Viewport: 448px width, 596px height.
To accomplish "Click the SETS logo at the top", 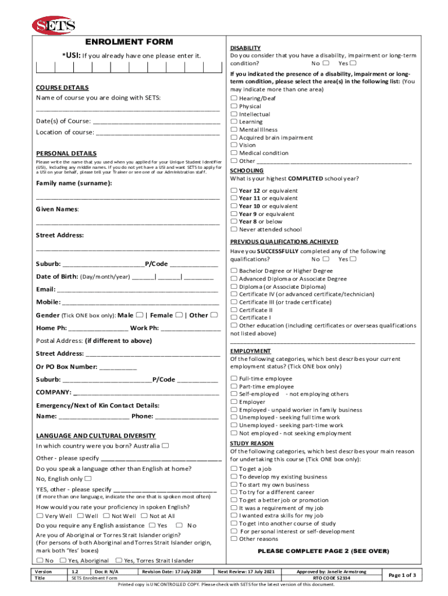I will coord(54,25).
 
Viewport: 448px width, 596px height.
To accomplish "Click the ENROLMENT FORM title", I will coord(129,42).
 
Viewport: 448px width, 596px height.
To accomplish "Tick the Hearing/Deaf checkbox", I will coord(234,99).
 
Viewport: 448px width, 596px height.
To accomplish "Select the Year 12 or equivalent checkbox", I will coord(234,191).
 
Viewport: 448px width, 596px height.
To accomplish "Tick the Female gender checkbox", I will coord(179,315).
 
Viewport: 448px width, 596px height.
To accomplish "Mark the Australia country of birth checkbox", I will coord(166,446).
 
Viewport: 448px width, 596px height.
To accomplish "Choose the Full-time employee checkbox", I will coord(234,379).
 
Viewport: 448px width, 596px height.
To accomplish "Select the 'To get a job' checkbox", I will coord(234,469).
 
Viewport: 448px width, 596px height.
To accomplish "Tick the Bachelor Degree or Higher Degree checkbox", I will coord(234,271).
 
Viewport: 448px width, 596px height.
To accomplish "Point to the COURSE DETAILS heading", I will coord(62,87).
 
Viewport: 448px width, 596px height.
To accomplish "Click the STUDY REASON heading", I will coord(251,444).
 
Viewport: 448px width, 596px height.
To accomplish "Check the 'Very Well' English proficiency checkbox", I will coord(40,516).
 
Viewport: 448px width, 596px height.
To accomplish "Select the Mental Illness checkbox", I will coord(234,130).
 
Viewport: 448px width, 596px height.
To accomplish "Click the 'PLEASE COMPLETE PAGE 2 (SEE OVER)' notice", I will coord(323,551).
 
